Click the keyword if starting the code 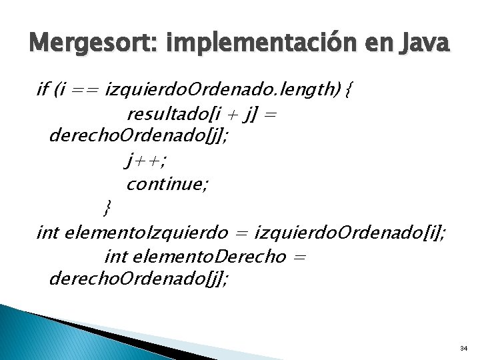43,89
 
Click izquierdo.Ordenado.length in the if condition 216,89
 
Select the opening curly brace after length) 349,89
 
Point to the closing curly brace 108,207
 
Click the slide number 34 463,349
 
